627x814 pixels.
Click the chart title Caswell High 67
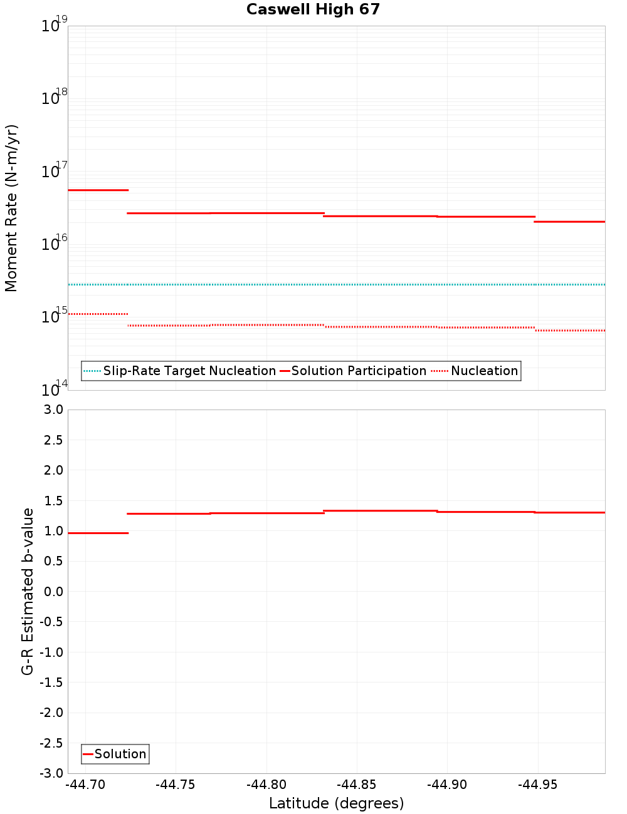[x=313, y=9]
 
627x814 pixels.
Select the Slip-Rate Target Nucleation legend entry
[x=189, y=371]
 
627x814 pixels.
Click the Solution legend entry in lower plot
[x=120, y=754]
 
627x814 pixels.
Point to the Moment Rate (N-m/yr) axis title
[x=12, y=208]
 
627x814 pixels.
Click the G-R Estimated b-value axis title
[x=28, y=591]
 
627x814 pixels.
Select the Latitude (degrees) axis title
[x=336, y=803]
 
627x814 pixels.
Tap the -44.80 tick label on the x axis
[x=266, y=785]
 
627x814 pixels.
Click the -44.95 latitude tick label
[x=537, y=785]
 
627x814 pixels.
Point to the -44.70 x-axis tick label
[x=85, y=785]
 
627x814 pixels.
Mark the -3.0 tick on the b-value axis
[x=51, y=773]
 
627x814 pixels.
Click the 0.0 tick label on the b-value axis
[x=53, y=592]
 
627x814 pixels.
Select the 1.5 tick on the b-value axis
[x=53, y=501]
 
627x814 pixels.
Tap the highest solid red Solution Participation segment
[x=98, y=190]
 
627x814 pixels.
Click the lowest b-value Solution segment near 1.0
[x=98, y=533]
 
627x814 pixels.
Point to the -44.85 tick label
[x=357, y=785]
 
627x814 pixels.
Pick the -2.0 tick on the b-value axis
[x=51, y=713]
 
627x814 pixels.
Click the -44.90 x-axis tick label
[x=447, y=785]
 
